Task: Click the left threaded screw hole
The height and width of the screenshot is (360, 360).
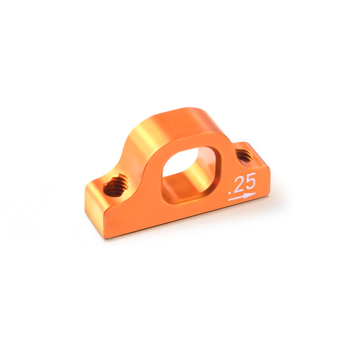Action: pos(116,185)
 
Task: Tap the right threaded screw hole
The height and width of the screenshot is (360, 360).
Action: pos(244,155)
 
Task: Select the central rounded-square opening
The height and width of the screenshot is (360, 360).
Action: pos(188,175)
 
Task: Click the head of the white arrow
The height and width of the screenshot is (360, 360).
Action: pos(250,195)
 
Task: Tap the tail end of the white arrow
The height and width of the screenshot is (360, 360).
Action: pos(229,200)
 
